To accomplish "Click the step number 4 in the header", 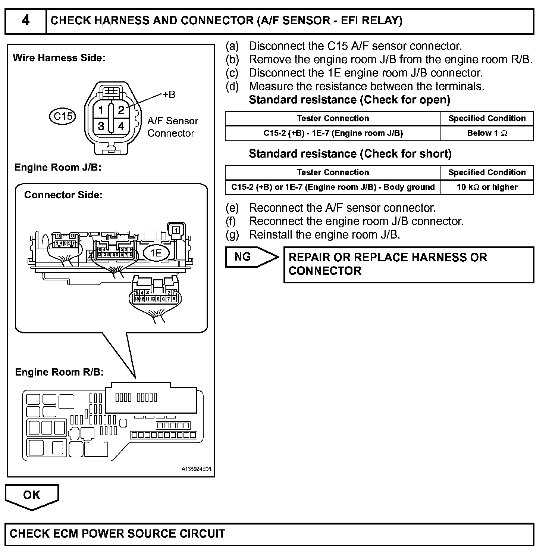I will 25,20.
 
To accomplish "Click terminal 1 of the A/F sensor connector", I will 101,111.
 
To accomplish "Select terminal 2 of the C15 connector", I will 121,110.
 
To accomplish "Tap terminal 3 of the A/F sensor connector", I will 101,126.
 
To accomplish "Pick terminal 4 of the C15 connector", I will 121,126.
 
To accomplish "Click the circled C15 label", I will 63,116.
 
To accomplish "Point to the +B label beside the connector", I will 169,94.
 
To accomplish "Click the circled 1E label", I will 156,253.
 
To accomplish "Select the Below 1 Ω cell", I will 487,133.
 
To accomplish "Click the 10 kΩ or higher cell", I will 487,187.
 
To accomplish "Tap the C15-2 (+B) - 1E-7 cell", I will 333,133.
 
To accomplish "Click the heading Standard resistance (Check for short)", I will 350,154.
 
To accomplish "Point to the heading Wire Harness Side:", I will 59,58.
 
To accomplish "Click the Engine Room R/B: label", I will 59,372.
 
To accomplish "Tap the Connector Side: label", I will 63,195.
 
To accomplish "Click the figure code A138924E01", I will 196,469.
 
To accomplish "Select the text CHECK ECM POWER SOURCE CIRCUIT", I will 117,534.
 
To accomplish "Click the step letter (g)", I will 232,235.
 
